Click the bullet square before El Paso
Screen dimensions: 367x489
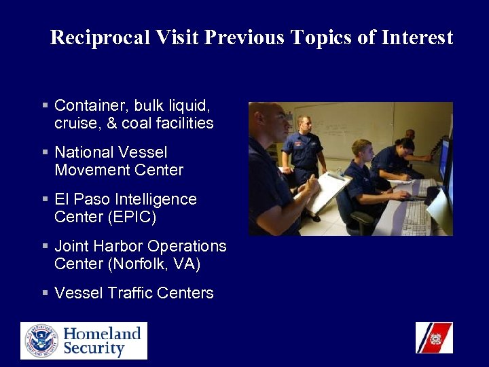(x=45, y=200)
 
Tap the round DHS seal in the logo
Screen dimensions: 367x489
(x=41, y=341)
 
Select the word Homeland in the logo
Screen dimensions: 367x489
(x=102, y=333)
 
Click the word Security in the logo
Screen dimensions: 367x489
(x=94, y=349)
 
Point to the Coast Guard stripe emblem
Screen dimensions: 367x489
(x=434, y=338)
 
